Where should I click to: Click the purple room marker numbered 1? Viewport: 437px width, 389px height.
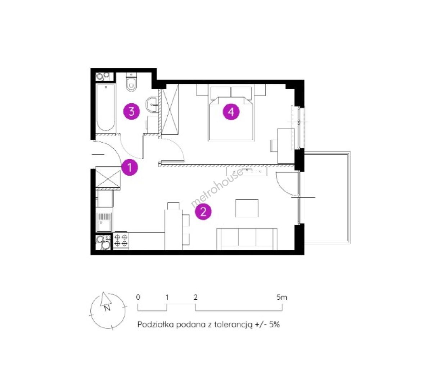(130, 167)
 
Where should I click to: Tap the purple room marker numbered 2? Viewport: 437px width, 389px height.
(203, 211)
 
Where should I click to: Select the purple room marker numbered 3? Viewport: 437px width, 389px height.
(131, 111)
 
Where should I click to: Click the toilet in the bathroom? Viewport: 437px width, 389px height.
(131, 82)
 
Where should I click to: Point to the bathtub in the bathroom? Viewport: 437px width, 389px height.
(106, 107)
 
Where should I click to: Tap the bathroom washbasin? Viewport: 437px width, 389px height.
(153, 104)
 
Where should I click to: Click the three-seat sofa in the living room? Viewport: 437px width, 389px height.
(247, 239)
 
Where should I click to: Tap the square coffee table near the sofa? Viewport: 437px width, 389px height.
(247, 208)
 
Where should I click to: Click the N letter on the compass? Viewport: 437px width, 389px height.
(107, 308)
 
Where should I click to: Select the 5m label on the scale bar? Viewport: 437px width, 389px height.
(282, 297)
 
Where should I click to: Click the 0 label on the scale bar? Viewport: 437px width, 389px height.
(138, 297)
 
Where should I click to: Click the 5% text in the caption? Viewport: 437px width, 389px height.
(274, 325)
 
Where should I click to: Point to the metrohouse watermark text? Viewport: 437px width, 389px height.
(217, 188)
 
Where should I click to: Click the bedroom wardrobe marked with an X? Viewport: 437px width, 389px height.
(170, 109)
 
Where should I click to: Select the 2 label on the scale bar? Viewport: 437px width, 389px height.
(195, 297)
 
